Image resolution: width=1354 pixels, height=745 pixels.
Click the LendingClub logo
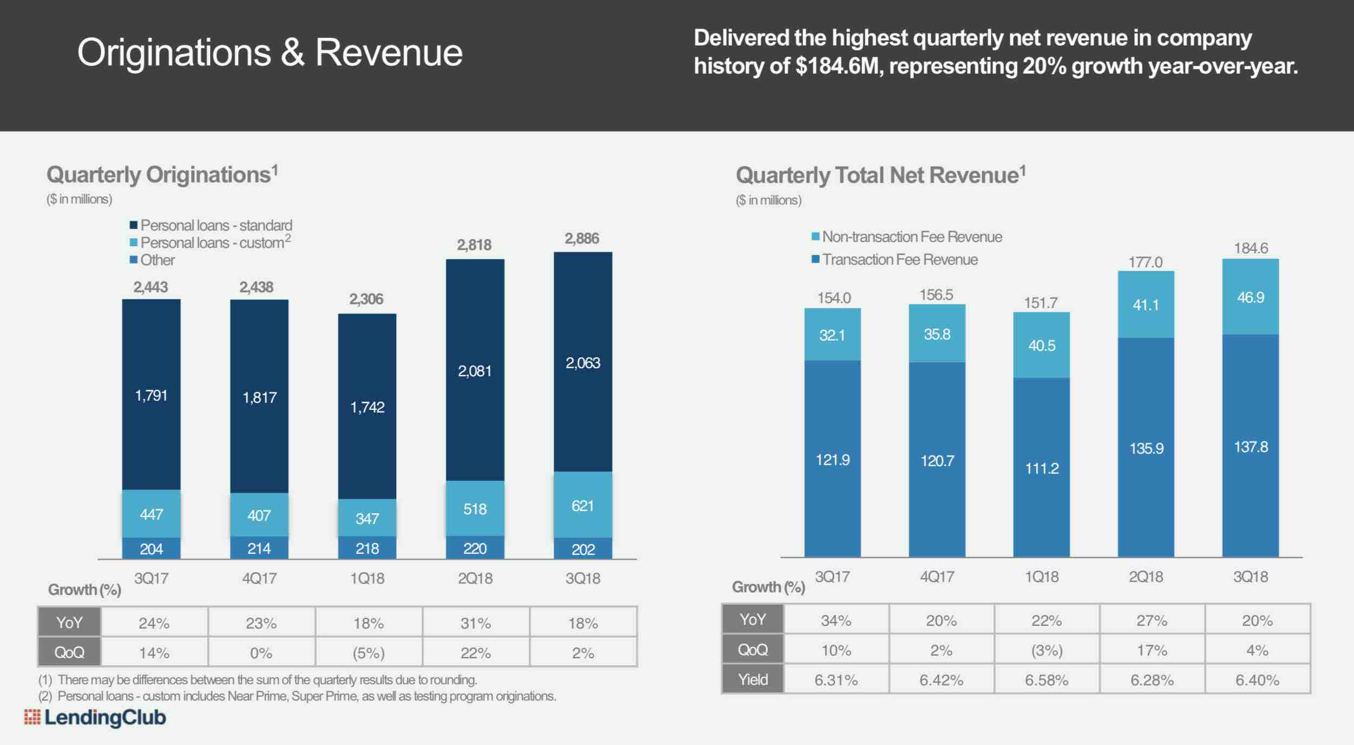[x=95, y=717]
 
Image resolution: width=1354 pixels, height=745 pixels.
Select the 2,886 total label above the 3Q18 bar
[x=582, y=239]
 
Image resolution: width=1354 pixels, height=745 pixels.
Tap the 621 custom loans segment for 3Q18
[x=583, y=506]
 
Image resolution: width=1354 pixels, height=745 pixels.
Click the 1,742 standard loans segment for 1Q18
[x=367, y=407]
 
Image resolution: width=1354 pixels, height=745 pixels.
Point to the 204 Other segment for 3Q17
[x=152, y=549]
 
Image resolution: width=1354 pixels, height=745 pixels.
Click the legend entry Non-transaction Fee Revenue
[x=907, y=237]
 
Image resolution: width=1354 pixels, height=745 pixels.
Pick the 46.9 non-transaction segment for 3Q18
[x=1251, y=297]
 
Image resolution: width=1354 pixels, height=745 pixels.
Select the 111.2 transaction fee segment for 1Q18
[x=1042, y=468]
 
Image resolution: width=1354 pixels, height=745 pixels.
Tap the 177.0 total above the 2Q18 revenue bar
[x=1145, y=263]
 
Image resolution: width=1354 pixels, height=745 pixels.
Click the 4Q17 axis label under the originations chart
[x=259, y=578]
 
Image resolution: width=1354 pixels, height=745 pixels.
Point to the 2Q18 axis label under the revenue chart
[x=1146, y=577]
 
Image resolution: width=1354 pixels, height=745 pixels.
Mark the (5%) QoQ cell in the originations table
[x=369, y=653]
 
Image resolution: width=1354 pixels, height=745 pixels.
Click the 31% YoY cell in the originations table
[x=476, y=623]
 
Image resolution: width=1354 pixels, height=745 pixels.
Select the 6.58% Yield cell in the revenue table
[x=1047, y=680]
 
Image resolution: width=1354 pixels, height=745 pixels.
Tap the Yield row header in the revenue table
[x=753, y=679]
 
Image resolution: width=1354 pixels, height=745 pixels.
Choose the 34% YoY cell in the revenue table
[x=836, y=620]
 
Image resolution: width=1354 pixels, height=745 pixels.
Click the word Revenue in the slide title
[x=389, y=53]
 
